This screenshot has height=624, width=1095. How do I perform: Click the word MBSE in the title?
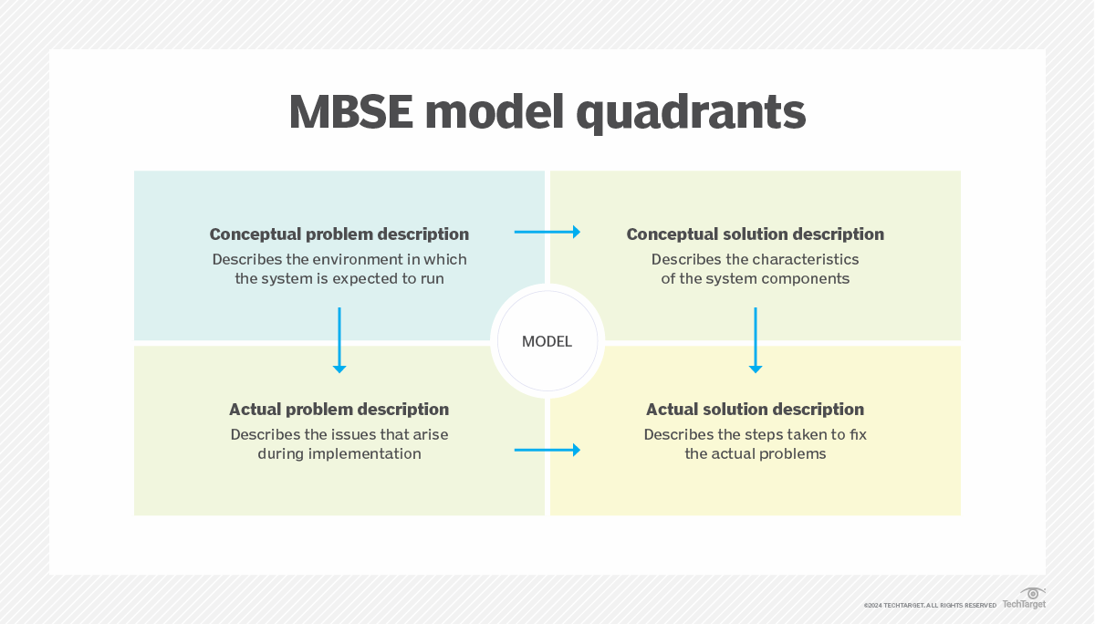pyautogui.click(x=349, y=112)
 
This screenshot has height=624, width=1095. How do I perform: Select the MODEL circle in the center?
pyautogui.click(x=547, y=341)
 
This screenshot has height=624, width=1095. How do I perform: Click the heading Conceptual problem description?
pyautogui.click(x=339, y=234)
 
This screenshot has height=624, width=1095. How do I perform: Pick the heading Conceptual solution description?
pyautogui.click(x=755, y=234)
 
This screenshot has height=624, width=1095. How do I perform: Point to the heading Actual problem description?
pyautogui.click(x=339, y=410)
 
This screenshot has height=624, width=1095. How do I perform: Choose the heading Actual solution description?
pyautogui.click(x=755, y=410)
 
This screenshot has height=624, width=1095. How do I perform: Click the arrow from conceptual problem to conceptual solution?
pyautogui.click(x=547, y=233)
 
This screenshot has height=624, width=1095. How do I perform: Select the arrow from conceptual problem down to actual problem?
pyautogui.click(x=339, y=339)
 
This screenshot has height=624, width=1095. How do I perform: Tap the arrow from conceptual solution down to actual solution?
pyautogui.click(x=755, y=339)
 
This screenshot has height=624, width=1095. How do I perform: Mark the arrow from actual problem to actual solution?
pyautogui.click(x=547, y=450)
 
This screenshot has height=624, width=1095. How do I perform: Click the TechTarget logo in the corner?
pyautogui.click(x=1025, y=599)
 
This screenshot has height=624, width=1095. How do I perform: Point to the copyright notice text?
pyautogui.click(x=930, y=605)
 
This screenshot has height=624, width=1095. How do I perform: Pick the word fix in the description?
pyautogui.click(x=858, y=435)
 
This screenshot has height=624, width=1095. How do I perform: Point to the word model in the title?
pyautogui.click(x=491, y=112)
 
